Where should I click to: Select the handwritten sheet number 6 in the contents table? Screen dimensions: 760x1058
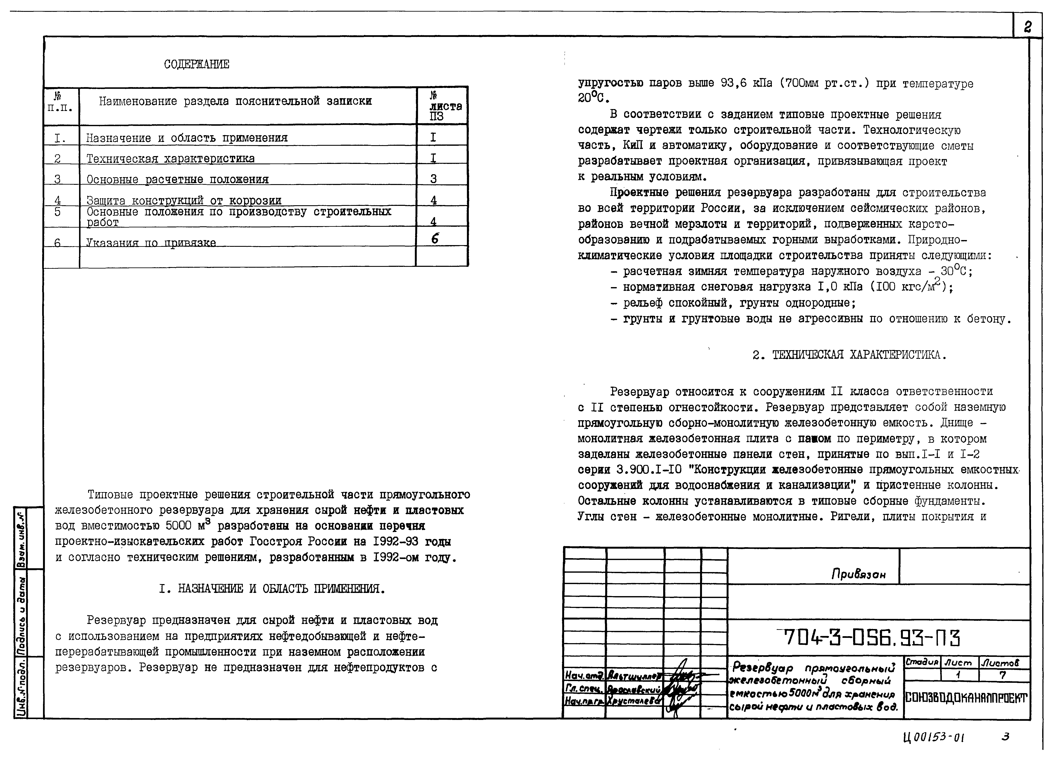pyautogui.click(x=435, y=239)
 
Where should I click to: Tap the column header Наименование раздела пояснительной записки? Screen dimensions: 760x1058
pyautogui.click(x=235, y=101)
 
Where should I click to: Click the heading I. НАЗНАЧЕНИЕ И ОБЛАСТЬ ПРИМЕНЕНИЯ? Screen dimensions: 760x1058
pyautogui.click(x=272, y=589)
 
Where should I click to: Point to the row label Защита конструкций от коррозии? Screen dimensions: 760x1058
pyautogui.click(x=184, y=200)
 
